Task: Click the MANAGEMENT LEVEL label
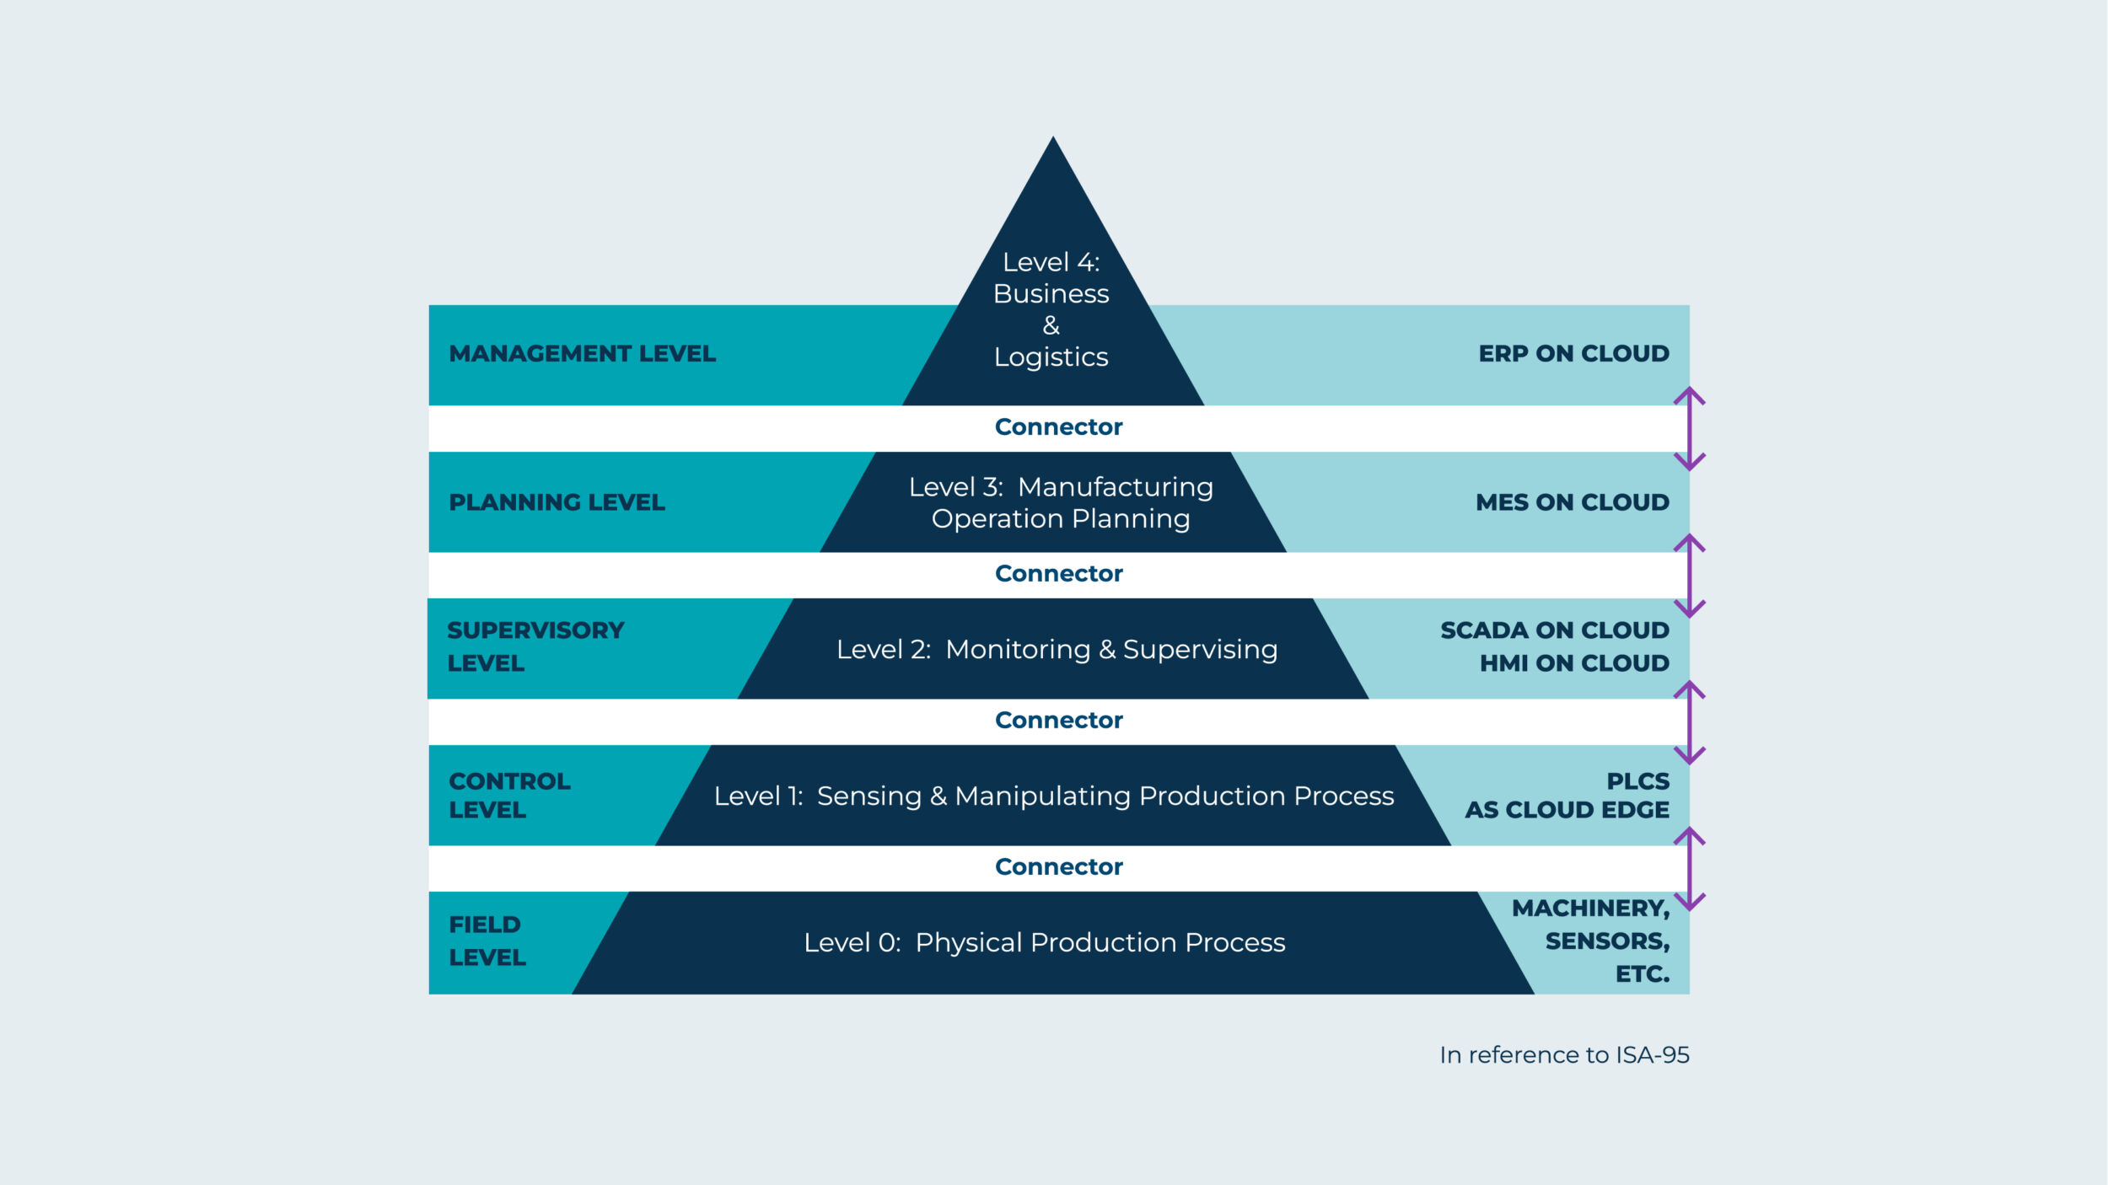point(582,354)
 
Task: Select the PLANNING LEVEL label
point(557,502)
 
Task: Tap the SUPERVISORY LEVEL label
point(535,646)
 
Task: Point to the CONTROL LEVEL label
point(509,795)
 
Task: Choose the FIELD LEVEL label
point(487,941)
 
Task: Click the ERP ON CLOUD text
point(1573,354)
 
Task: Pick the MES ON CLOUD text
point(1572,502)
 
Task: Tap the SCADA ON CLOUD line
point(1554,630)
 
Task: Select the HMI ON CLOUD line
point(1573,663)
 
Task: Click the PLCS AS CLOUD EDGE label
point(1567,795)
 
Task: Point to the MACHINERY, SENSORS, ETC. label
point(1590,941)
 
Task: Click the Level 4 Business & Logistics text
point(1051,309)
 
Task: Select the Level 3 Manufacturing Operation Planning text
point(1061,502)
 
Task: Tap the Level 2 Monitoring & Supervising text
point(1057,649)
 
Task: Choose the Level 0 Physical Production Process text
point(1044,942)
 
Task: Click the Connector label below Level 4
point(1058,427)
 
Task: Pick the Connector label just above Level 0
point(1058,867)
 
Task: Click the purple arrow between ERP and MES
point(1689,428)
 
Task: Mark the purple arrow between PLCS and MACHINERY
point(1689,868)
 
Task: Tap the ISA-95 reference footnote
point(1564,1055)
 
